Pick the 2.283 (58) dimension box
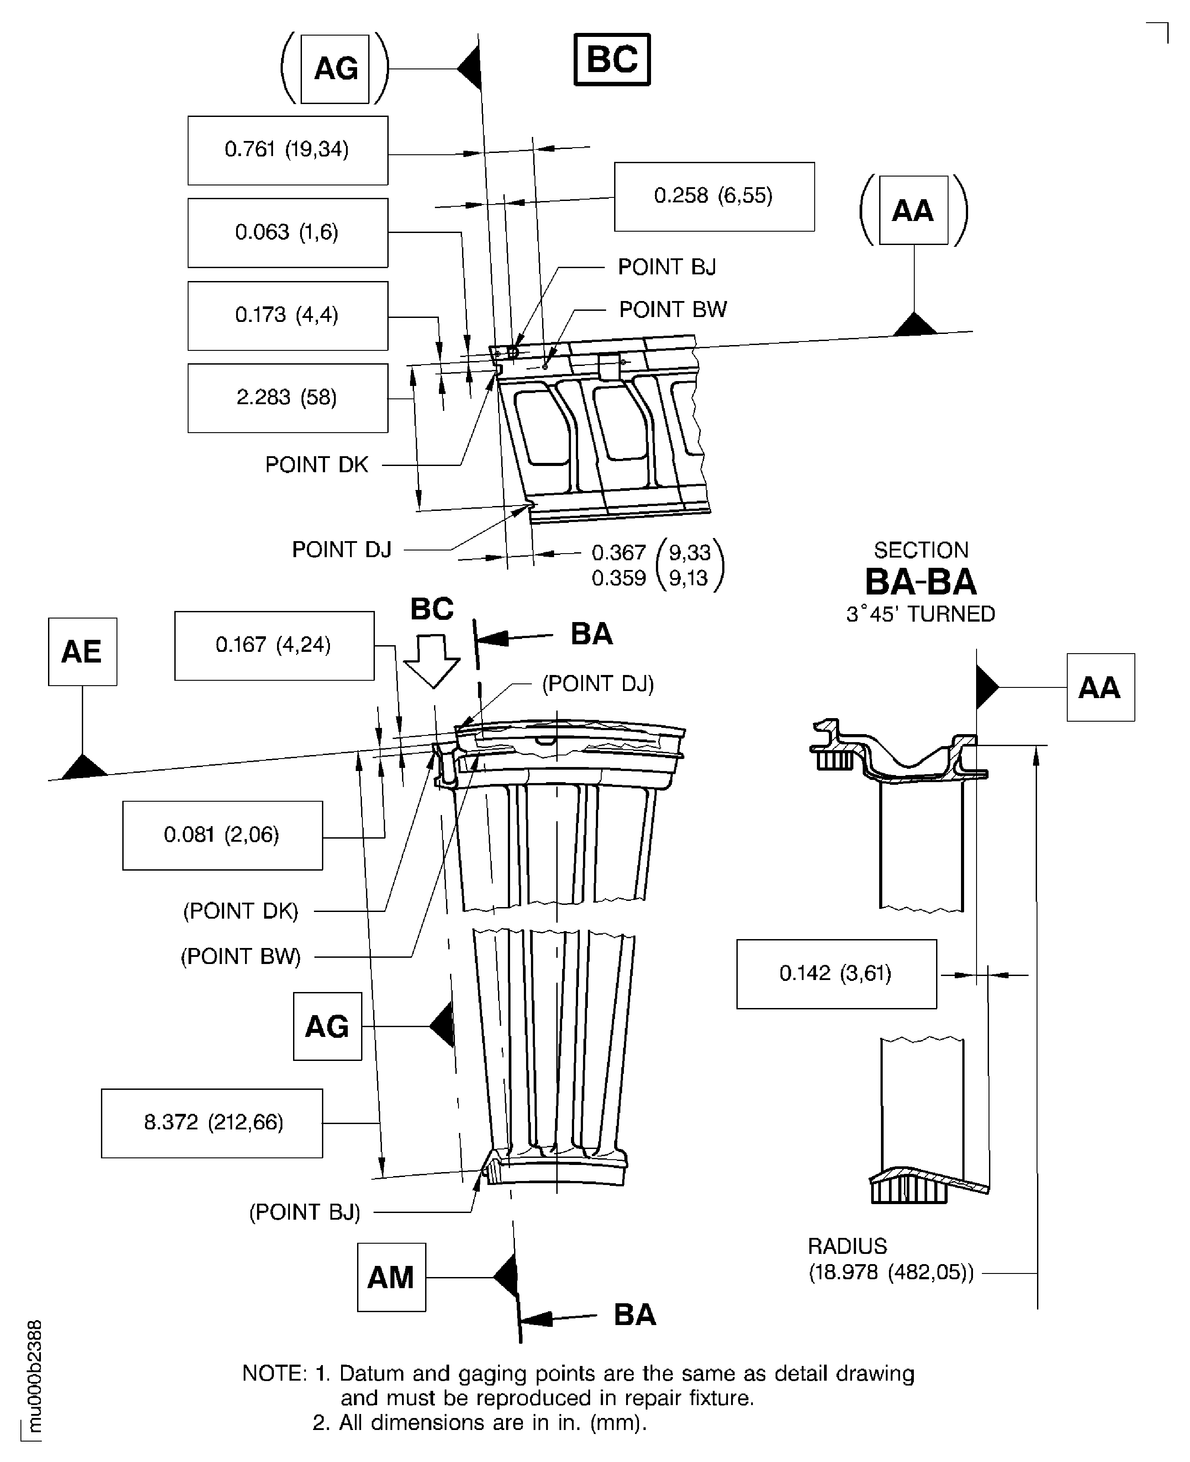click(x=287, y=398)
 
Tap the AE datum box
click(x=82, y=651)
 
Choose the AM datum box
click(x=391, y=1277)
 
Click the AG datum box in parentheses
click(x=335, y=68)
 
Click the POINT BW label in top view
click(x=672, y=310)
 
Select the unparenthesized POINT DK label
click(x=316, y=465)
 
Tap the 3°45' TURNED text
click(x=920, y=614)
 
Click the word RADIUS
click(x=847, y=1246)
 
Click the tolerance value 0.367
click(x=618, y=552)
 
